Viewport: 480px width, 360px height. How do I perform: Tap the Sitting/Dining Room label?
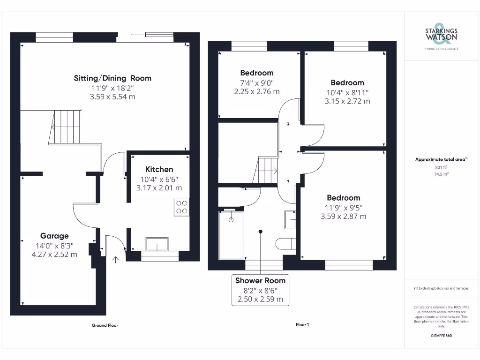click(112, 78)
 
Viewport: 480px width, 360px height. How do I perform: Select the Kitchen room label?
click(159, 169)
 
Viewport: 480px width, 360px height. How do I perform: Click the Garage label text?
click(54, 236)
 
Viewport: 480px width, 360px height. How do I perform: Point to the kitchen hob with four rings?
click(181, 207)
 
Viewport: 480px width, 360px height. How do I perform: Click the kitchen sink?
click(157, 244)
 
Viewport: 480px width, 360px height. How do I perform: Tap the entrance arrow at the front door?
click(115, 259)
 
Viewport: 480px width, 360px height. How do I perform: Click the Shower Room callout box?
click(260, 290)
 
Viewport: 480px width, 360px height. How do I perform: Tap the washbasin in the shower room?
click(290, 219)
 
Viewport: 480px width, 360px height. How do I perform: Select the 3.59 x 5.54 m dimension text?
click(112, 97)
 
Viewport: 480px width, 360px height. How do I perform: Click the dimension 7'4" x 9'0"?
click(256, 82)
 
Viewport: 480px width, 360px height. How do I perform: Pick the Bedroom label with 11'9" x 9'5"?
click(344, 198)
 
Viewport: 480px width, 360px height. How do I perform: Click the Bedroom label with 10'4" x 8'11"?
click(347, 82)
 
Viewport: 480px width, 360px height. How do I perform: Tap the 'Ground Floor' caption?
click(105, 325)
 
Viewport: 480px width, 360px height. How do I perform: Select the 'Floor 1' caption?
click(302, 325)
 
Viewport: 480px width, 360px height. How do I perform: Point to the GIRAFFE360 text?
click(441, 336)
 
